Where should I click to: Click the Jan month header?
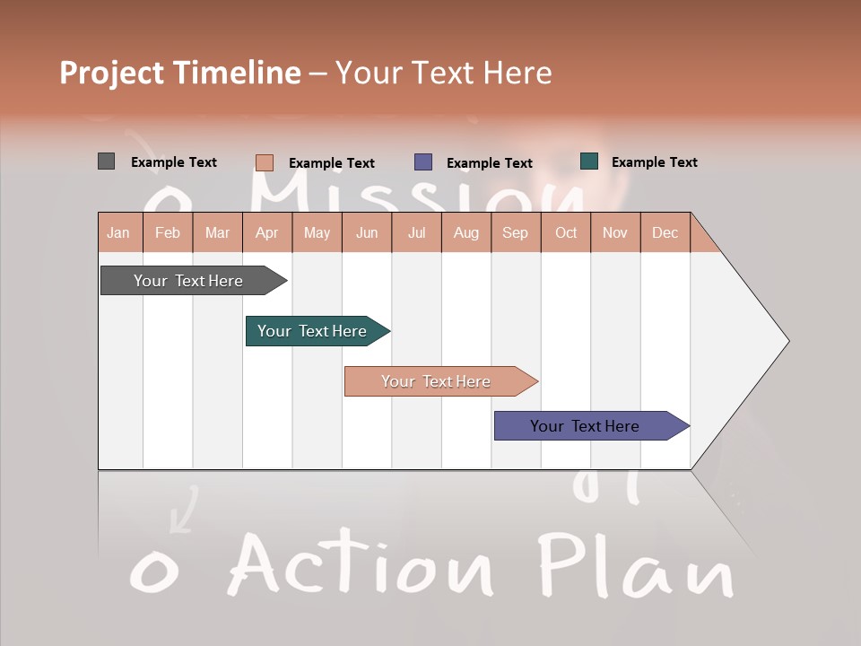click(119, 232)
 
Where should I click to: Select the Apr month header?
click(267, 232)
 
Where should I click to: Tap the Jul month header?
click(416, 232)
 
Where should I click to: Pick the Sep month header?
click(516, 232)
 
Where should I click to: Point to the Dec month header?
click(665, 232)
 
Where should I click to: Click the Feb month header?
click(168, 232)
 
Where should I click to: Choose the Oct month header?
click(566, 232)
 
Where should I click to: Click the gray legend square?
click(106, 161)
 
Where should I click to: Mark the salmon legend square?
click(265, 162)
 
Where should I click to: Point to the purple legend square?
click(423, 162)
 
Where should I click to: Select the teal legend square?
click(589, 161)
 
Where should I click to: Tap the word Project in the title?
click(111, 73)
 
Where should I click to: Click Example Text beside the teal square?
click(654, 162)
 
